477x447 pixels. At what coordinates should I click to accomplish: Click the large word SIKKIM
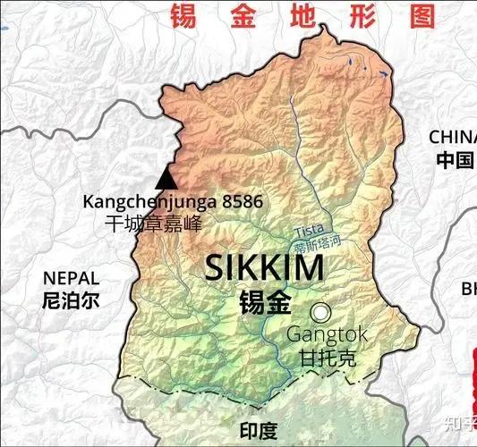[264, 269]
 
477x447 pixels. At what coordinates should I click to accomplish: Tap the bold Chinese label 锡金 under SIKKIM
[265, 302]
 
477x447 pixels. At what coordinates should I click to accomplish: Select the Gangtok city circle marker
[320, 313]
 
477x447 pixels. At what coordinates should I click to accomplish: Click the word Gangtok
[327, 335]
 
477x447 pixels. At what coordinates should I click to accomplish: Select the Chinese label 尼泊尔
[72, 299]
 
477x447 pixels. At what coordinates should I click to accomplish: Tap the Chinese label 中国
[455, 161]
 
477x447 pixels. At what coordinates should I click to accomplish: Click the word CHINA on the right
[453, 137]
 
